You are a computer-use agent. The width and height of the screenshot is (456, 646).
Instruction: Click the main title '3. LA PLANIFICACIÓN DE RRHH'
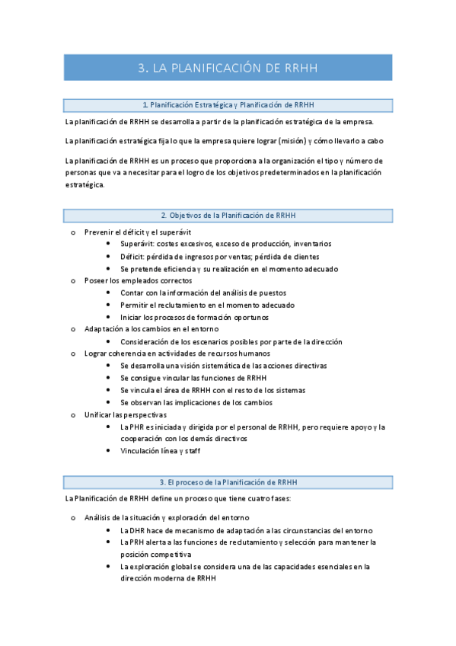(228, 68)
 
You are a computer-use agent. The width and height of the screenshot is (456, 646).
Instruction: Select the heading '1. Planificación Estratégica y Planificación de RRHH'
(228, 105)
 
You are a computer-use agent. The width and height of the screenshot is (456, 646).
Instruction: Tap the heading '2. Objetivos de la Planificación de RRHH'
(228, 216)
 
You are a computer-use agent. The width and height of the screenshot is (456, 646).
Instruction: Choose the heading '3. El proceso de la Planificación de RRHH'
(228, 482)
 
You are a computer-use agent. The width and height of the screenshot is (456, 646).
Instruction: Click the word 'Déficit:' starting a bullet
(135, 256)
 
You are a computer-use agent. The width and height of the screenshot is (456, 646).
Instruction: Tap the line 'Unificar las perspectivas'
(125, 414)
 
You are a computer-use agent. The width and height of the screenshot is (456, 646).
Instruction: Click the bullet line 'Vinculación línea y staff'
(161, 451)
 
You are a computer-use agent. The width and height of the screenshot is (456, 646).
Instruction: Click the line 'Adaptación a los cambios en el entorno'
(152, 329)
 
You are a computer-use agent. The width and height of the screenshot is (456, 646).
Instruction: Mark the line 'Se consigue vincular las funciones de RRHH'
(193, 378)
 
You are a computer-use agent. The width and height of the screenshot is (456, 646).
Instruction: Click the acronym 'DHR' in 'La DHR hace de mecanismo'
(136, 529)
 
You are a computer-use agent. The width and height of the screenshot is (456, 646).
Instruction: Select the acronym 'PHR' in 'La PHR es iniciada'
(136, 427)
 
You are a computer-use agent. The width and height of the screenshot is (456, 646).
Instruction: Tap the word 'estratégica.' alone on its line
(85, 184)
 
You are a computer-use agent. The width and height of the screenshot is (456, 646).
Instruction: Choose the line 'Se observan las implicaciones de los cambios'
(196, 402)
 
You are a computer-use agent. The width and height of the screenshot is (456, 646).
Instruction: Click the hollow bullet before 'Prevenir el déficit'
(73, 232)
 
